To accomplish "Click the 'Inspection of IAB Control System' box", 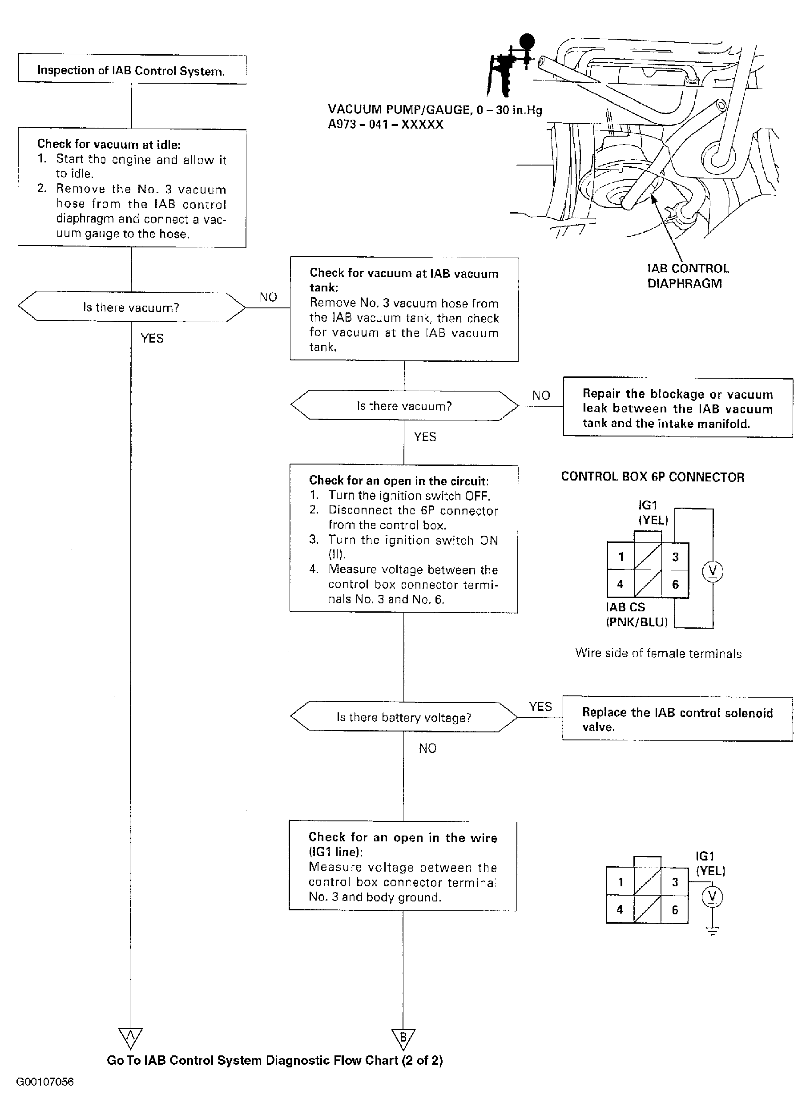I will (x=132, y=70).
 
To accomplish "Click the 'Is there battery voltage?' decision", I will (x=403, y=717).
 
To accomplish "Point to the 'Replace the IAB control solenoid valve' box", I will (x=677, y=719).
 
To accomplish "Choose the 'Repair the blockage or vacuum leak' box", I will (x=678, y=408).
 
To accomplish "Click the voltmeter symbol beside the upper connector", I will (x=712, y=571).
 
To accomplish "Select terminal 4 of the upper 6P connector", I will (x=620, y=584).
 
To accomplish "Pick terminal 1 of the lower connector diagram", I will (x=620, y=882).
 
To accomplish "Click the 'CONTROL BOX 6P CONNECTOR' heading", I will (x=652, y=477).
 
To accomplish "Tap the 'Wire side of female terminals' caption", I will (x=658, y=653).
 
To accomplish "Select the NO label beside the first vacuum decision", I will (x=268, y=297).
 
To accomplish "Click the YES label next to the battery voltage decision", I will (x=540, y=707).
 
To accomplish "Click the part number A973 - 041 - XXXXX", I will (x=386, y=124).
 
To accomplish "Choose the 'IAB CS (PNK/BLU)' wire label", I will (x=637, y=614).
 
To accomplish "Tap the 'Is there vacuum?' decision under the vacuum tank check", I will (x=404, y=406).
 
